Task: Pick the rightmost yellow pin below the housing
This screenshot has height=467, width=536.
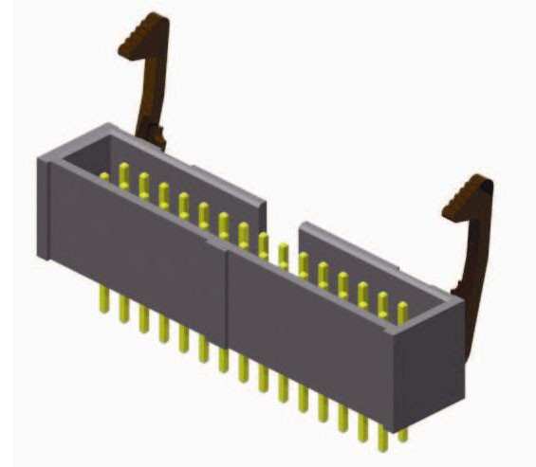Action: (402, 431)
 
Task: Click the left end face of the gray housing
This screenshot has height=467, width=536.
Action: (44, 208)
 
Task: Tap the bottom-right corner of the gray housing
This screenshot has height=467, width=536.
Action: (462, 398)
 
